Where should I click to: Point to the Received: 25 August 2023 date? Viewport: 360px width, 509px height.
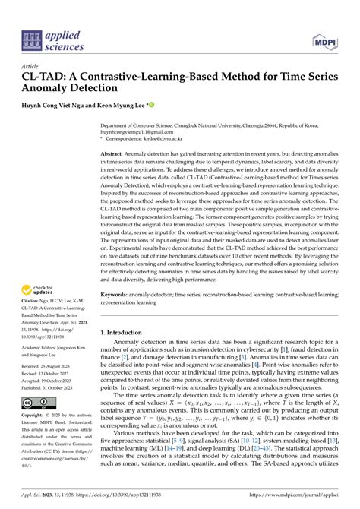click(55, 379)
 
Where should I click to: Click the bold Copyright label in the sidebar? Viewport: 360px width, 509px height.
click(39, 438)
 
